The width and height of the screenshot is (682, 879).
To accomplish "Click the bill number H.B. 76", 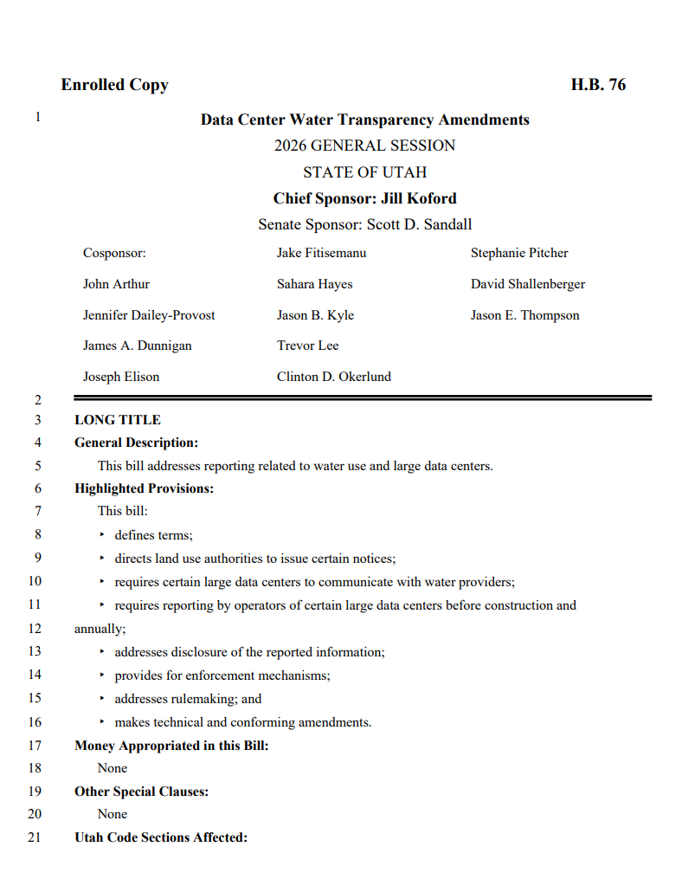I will coord(598,85).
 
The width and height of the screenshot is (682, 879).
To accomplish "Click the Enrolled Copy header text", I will coord(114,85).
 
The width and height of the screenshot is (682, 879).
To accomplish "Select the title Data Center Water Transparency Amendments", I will coord(364,120).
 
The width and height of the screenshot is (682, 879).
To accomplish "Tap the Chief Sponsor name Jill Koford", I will coord(419,198).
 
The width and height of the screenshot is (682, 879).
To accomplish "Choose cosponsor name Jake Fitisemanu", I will coord(321,253).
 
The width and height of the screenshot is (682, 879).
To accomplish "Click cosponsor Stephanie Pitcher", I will coord(519,253).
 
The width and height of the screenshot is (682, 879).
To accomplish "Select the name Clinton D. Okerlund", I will coord(333,377).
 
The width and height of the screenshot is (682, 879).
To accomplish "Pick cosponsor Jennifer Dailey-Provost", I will coord(149,315).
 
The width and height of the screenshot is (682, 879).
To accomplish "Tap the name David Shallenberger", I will coord(527,284).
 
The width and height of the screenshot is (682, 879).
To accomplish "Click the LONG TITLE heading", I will coord(118,420).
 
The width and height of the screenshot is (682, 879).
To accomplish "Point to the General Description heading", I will coord(136,443).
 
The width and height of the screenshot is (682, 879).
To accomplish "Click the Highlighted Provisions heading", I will coord(144,488).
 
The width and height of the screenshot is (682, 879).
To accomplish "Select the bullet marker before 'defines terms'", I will coord(102,535).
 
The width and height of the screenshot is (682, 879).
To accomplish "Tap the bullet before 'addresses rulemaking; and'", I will coord(102,698).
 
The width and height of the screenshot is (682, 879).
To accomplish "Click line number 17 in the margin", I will coord(35,745).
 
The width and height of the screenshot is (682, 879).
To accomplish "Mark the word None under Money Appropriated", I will coord(113,768).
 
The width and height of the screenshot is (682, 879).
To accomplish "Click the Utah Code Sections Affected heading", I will coord(161,837).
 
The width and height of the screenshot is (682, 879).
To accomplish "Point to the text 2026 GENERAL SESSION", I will coord(364,145).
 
